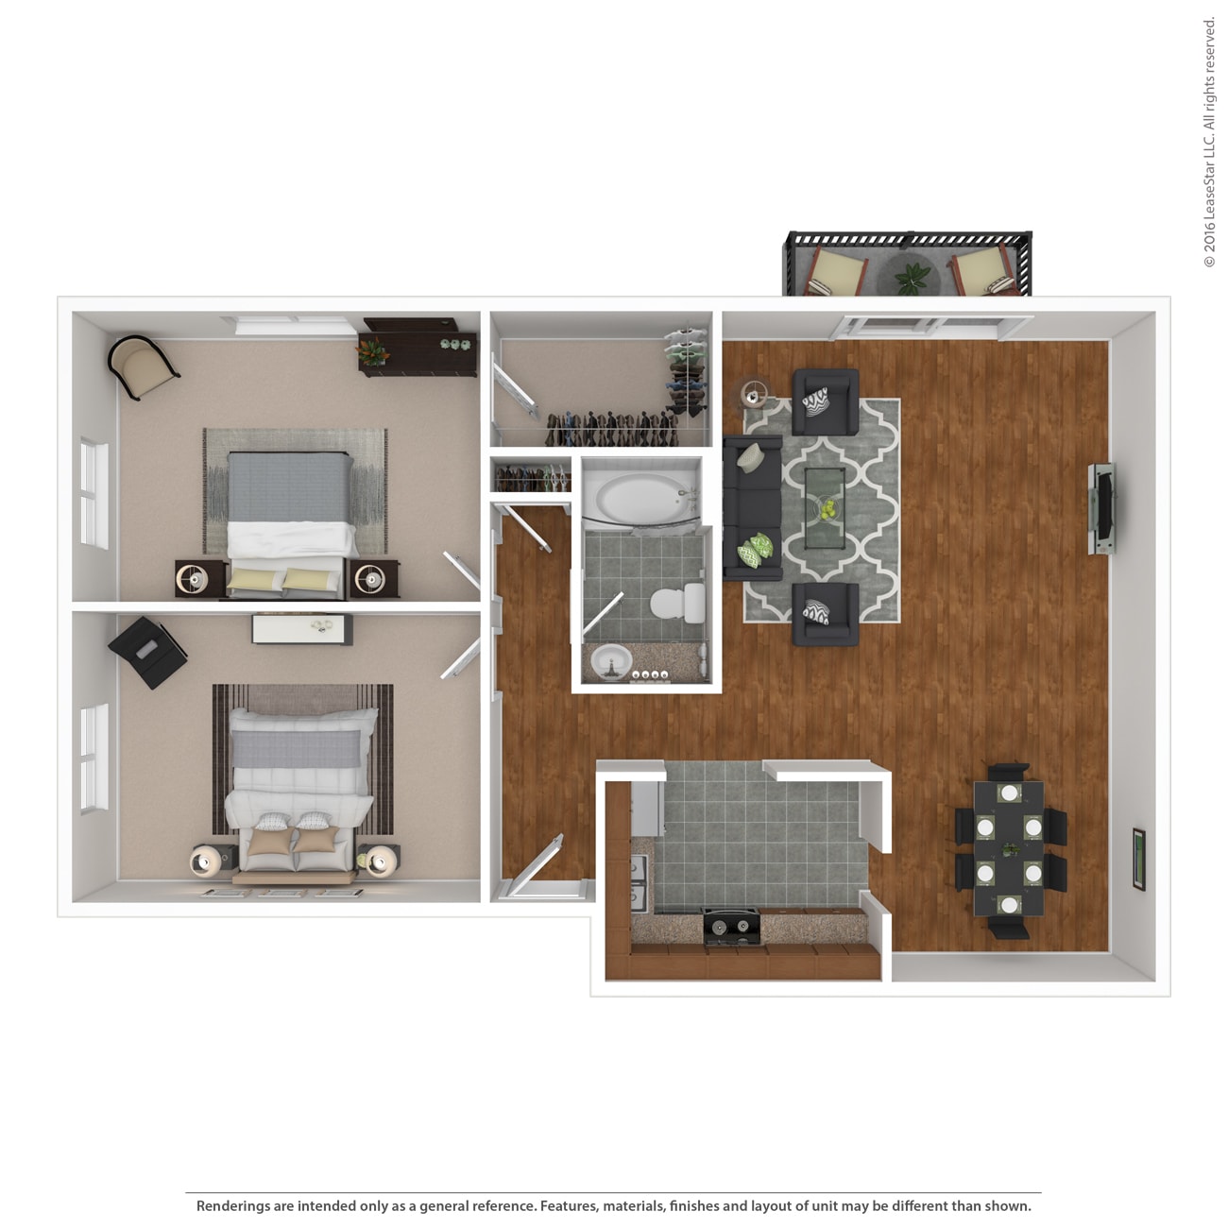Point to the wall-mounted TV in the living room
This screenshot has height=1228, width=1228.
click(1100, 508)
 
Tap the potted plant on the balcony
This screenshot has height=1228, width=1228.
click(912, 278)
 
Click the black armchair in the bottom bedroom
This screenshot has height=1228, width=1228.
click(146, 651)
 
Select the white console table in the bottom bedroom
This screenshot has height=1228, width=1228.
click(302, 628)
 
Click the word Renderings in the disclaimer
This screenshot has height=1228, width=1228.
click(232, 1206)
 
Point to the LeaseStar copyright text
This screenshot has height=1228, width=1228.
click(1209, 142)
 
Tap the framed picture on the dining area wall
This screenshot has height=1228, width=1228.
click(1139, 859)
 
